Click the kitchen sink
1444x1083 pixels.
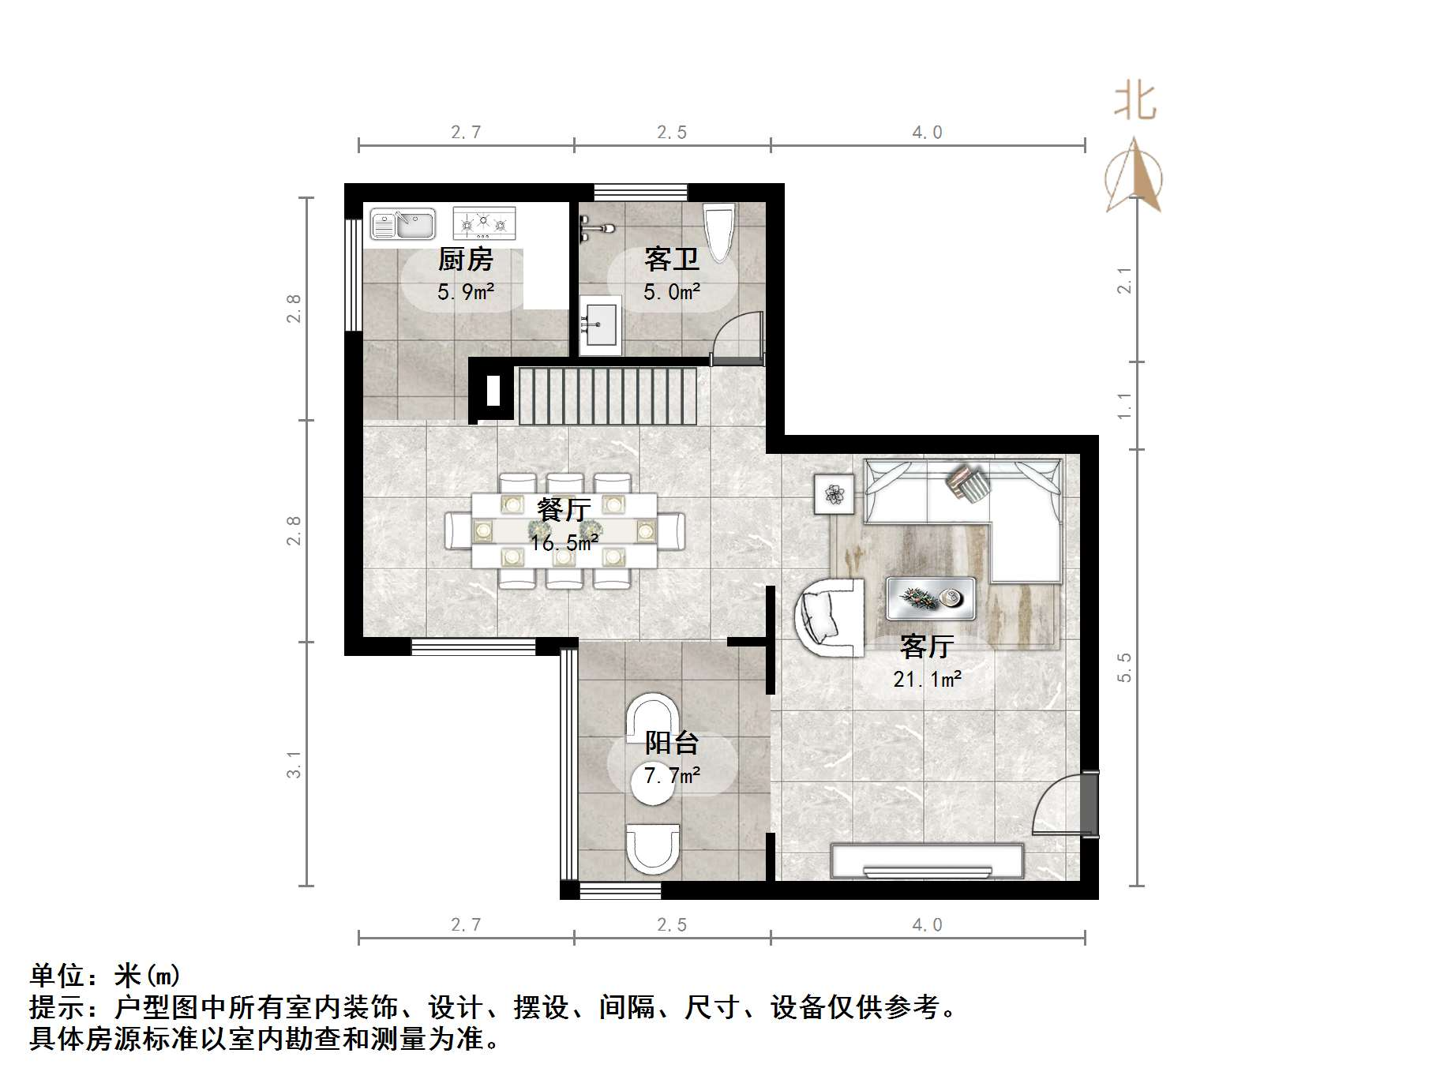(x=403, y=223)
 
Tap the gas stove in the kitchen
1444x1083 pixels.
(x=483, y=223)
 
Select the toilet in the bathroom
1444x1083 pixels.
(x=718, y=231)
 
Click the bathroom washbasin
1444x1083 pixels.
(x=601, y=324)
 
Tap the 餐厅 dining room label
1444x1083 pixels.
(x=563, y=510)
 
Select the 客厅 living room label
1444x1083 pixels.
(x=927, y=646)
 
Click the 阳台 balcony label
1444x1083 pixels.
(x=671, y=743)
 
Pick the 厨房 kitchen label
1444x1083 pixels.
(x=465, y=259)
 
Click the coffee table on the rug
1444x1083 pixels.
(x=930, y=598)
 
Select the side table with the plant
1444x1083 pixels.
(x=835, y=494)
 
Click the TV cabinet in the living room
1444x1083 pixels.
(x=927, y=861)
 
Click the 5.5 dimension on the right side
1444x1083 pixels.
(x=1124, y=667)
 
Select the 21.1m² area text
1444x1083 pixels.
(x=927, y=679)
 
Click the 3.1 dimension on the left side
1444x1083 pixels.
(x=294, y=764)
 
